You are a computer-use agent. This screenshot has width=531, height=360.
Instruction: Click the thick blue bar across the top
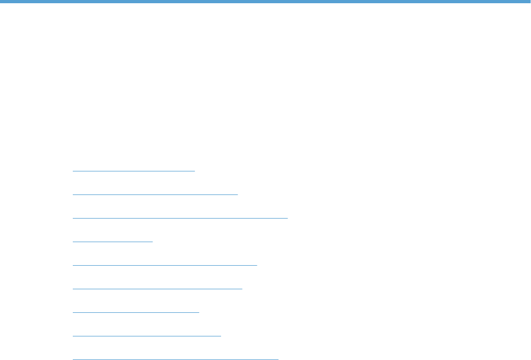click(265, 2)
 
